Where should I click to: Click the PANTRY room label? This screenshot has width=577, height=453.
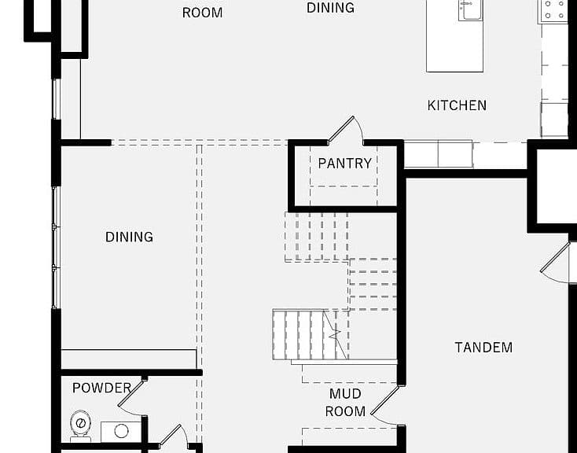coord(345,164)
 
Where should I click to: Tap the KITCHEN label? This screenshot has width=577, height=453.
coord(457,105)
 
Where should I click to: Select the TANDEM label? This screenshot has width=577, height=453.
coord(483,348)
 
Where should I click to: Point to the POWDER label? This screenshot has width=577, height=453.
coord(102,388)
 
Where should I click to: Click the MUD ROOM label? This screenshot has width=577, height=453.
coord(345,403)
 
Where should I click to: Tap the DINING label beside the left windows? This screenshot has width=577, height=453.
coord(129,237)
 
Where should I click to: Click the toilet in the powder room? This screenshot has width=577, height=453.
coord(81,425)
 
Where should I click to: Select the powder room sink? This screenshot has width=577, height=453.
coord(121,432)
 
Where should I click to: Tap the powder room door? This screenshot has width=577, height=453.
coord(130,394)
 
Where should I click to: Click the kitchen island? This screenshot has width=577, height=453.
coord(454,36)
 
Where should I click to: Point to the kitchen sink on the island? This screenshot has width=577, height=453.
coord(471,10)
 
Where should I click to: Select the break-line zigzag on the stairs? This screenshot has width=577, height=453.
coord(335,334)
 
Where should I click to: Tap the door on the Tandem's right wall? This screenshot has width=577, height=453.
coord(555,262)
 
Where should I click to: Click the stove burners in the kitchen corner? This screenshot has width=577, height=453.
coord(554,10)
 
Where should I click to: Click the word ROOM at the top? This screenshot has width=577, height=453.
coord(202,13)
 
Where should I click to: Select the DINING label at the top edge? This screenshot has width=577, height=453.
coord(330,8)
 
